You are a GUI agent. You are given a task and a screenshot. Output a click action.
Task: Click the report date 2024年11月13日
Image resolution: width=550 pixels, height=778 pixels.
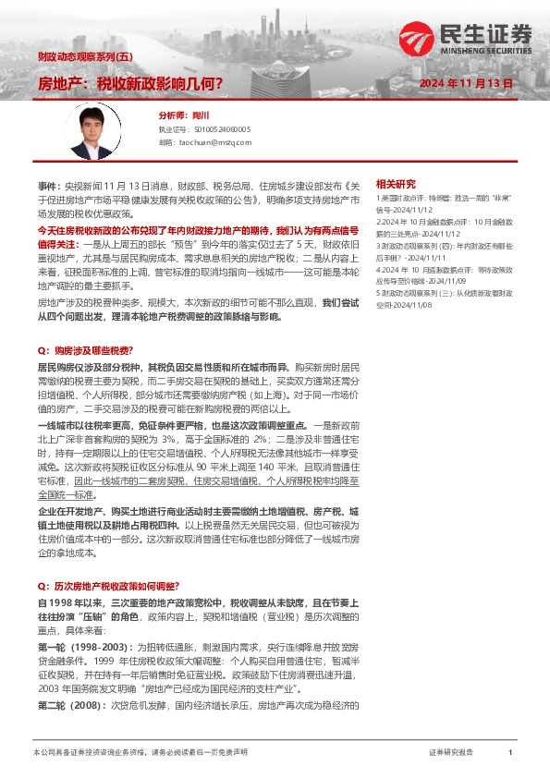click(x=466, y=83)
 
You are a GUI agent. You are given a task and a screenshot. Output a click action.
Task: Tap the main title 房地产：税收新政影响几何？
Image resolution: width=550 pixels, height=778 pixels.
click(x=129, y=83)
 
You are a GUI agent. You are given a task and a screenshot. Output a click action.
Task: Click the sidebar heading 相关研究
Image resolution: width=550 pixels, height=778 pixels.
click(x=396, y=184)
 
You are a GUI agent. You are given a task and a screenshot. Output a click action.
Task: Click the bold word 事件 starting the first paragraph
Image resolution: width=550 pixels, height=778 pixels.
click(x=47, y=185)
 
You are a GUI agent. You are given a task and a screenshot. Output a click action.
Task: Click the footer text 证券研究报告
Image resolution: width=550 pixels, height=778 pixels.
click(x=451, y=753)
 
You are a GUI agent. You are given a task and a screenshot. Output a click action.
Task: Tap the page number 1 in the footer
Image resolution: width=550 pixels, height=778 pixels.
click(x=510, y=753)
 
